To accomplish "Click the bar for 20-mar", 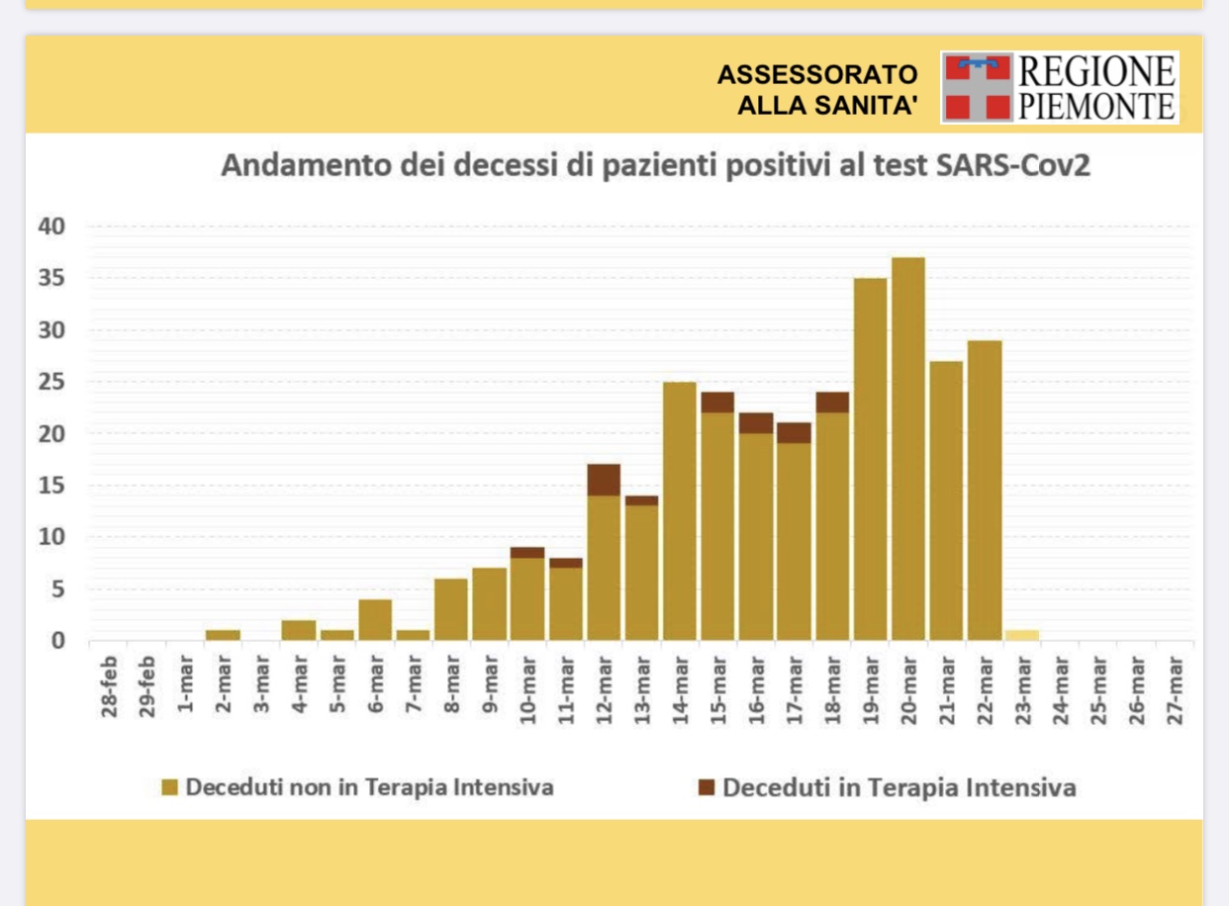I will click(x=908, y=449).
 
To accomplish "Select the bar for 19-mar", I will click(x=870, y=460).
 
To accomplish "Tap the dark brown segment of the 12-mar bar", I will click(x=604, y=480).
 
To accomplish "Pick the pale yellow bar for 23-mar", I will click(x=1022, y=635).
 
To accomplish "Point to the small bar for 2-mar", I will click(x=223, y=635).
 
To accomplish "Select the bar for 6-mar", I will click(x=375, y=620).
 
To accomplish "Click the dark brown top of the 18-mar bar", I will click(x=832, y=402).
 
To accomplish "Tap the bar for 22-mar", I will click(x=985, y=491).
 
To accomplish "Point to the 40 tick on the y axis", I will click(x=51, y=226).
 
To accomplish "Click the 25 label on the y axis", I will click(x=51, y=382).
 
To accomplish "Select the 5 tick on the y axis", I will click(x=57, y=589).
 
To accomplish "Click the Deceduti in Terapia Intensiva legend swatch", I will click(x=706, y=788).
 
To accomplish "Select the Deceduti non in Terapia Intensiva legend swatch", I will click(x=170, y=788).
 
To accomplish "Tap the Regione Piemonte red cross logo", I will click(x=978, y=87).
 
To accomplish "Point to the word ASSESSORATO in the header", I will click(x=818, y=74).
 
